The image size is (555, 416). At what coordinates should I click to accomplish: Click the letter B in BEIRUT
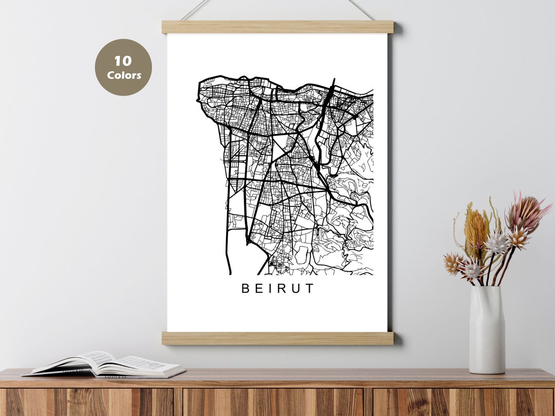[246, 289]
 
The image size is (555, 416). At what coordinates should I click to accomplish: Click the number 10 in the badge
[123, 61]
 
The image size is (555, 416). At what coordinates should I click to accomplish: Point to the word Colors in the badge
[124, 75]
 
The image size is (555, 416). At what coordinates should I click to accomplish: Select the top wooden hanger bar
[277, 27]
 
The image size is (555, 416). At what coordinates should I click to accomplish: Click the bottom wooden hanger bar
[277, 338]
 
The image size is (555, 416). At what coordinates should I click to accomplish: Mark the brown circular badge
[123, 67]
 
